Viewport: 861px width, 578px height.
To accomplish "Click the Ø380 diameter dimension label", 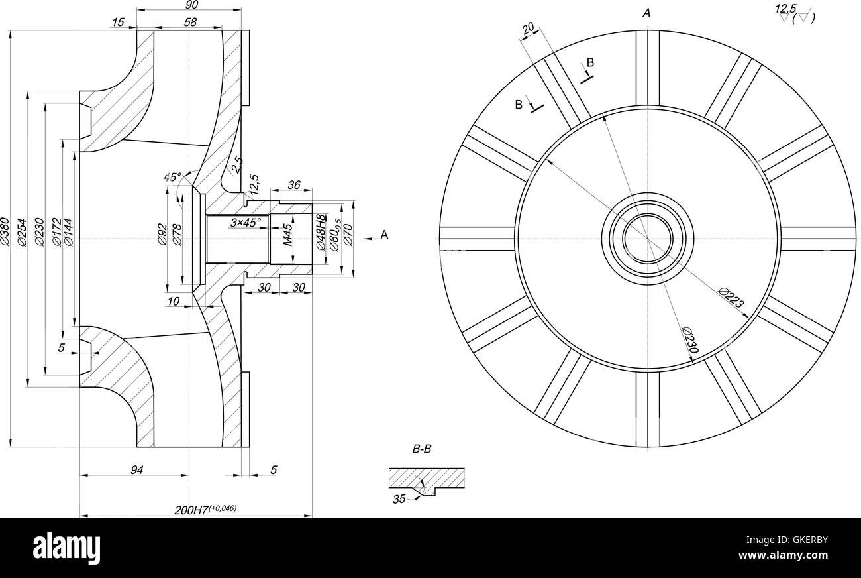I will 5,232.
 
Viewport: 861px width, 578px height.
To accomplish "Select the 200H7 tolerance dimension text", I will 205,509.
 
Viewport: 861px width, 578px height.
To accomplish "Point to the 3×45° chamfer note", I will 245,223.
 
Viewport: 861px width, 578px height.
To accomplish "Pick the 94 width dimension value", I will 136,470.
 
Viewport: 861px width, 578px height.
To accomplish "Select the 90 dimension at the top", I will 191,5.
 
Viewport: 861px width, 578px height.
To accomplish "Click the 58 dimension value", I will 190,22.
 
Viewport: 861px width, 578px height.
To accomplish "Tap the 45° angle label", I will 172,177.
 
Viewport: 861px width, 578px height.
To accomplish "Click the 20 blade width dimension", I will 528,29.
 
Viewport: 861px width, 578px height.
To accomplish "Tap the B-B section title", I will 422,449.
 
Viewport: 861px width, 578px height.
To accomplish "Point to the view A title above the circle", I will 646,13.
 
